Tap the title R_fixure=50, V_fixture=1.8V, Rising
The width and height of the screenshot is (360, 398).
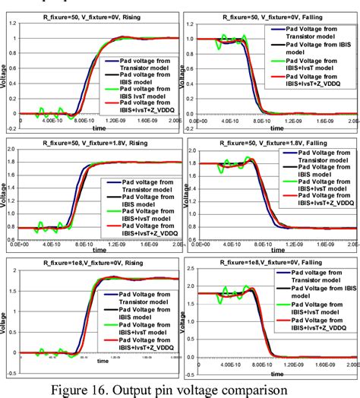click(97, 142)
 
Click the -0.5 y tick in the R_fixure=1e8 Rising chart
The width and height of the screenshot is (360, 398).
click(11, 372)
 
